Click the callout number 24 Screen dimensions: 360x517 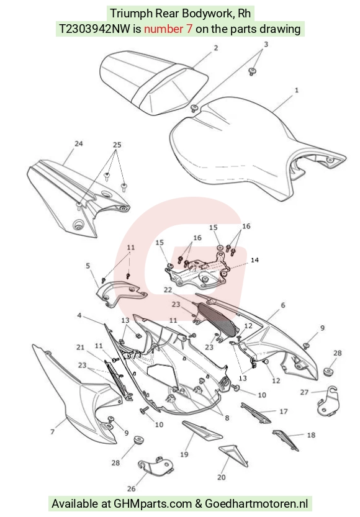pos(78,144)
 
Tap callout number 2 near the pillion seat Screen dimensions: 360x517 pos(215,48)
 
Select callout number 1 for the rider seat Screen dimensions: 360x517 pos(296,90)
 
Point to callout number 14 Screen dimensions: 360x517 pos(254,260)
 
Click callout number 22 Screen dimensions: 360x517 pos(168,289)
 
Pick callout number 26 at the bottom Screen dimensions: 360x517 pos(131,488)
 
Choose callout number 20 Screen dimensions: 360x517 pos(222,477)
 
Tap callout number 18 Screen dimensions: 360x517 pos(311,435)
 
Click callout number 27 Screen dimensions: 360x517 pos(304,392)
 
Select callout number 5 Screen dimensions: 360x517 pos(88,266)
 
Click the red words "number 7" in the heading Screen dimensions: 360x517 pos(168,29)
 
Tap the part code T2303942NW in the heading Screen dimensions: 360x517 pos(94,29)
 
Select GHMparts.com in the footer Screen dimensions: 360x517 pos(153,504)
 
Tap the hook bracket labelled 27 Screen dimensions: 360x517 pos(327,402)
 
